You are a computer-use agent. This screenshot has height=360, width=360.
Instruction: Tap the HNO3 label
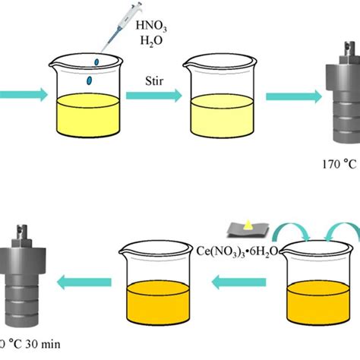tap(151, 27)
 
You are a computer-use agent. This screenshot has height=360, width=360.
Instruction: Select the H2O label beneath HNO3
tap(151, 41)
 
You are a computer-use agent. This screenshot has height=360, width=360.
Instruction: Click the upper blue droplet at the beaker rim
tap(96, 62)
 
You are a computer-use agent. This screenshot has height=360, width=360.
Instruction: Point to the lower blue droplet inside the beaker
tap(89, 81)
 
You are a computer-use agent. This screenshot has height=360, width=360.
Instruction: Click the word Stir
tap(154, 81)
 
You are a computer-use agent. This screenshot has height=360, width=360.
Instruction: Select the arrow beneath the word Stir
tap(154, 96)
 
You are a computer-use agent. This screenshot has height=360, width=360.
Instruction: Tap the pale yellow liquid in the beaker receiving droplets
tap(88, 115)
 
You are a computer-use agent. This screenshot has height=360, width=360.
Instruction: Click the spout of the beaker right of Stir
tap(186, 65)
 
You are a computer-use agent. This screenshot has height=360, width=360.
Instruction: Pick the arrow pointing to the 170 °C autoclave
tap(294, 96)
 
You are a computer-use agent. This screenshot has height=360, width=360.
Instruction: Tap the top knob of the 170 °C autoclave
tap(350, 49)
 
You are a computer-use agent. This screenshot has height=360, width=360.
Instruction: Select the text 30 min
tap(43, 344)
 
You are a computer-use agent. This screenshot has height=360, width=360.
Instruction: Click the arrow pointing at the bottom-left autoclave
tap(84, 283)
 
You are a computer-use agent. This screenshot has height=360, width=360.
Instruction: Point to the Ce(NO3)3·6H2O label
tap(237, 251)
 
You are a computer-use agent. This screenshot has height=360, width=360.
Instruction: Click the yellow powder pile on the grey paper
tap(248, 226)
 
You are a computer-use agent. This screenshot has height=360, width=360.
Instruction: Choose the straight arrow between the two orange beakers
tap(238, 283)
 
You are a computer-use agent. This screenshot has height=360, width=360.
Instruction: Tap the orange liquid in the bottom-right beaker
tap(318, 302)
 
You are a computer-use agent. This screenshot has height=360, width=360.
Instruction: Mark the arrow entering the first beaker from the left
tap(24, 95)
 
